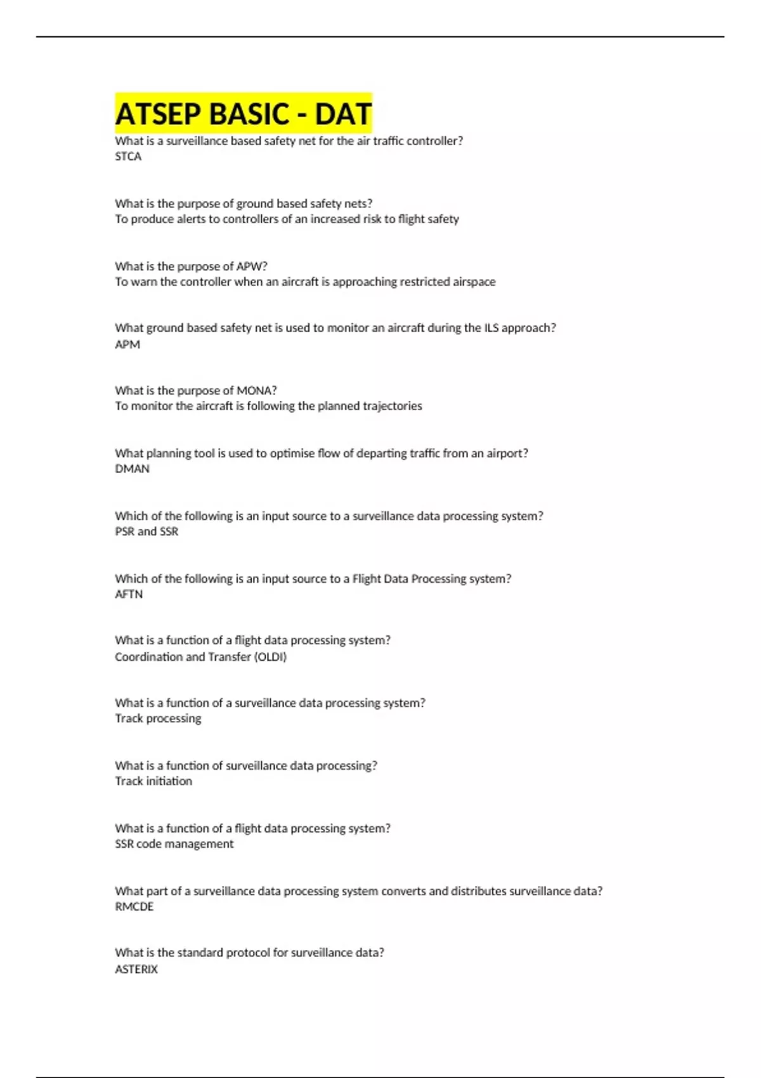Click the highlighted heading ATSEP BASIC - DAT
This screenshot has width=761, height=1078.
point(243,114)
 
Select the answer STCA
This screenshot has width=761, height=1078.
point(128,157)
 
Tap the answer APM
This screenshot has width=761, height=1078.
point(127,344)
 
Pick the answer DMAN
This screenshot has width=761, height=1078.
point(132,469)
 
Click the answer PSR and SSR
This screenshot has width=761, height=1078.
point(146,531)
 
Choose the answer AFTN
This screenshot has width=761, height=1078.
point(129,594)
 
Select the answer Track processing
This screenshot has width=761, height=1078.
point(158,718)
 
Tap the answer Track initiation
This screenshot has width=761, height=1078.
point(153,781)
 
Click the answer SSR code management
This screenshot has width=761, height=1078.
point(174,844)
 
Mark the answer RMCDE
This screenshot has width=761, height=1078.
point(134,907)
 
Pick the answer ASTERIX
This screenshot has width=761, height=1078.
point(136,969)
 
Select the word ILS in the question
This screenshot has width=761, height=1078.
point(491,328)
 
